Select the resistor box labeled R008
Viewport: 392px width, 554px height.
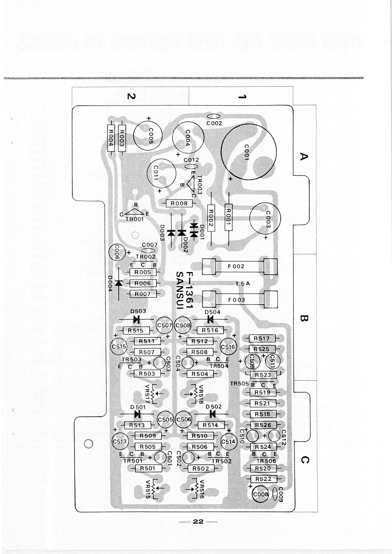(x=179, y=204)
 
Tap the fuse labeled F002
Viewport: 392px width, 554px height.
(x=239, y=266)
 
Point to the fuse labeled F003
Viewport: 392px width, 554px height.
(x=239, y=300)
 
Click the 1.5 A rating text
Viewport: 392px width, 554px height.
(x=243, y=283)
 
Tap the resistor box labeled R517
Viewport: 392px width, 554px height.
(x=262, y=338)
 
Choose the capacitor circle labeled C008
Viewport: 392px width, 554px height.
(x=261, y=494)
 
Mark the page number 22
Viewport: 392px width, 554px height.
(x=198, y=521)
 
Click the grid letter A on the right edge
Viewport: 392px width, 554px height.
(x=304, y=156)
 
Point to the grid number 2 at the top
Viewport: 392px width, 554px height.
(x=131, y=96)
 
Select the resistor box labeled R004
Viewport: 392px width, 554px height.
(x=111, y=138)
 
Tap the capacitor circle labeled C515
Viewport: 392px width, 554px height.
(x=119, y=346)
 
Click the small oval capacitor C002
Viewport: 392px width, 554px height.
(x=214, y=116)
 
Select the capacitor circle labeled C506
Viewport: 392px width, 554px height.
(x=184, y=419)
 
